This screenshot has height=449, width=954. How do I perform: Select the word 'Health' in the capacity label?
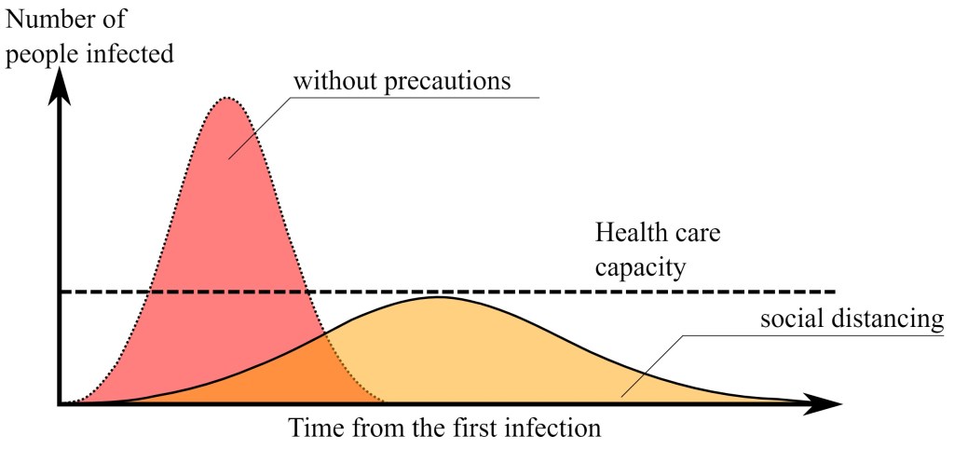click(629, 233)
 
